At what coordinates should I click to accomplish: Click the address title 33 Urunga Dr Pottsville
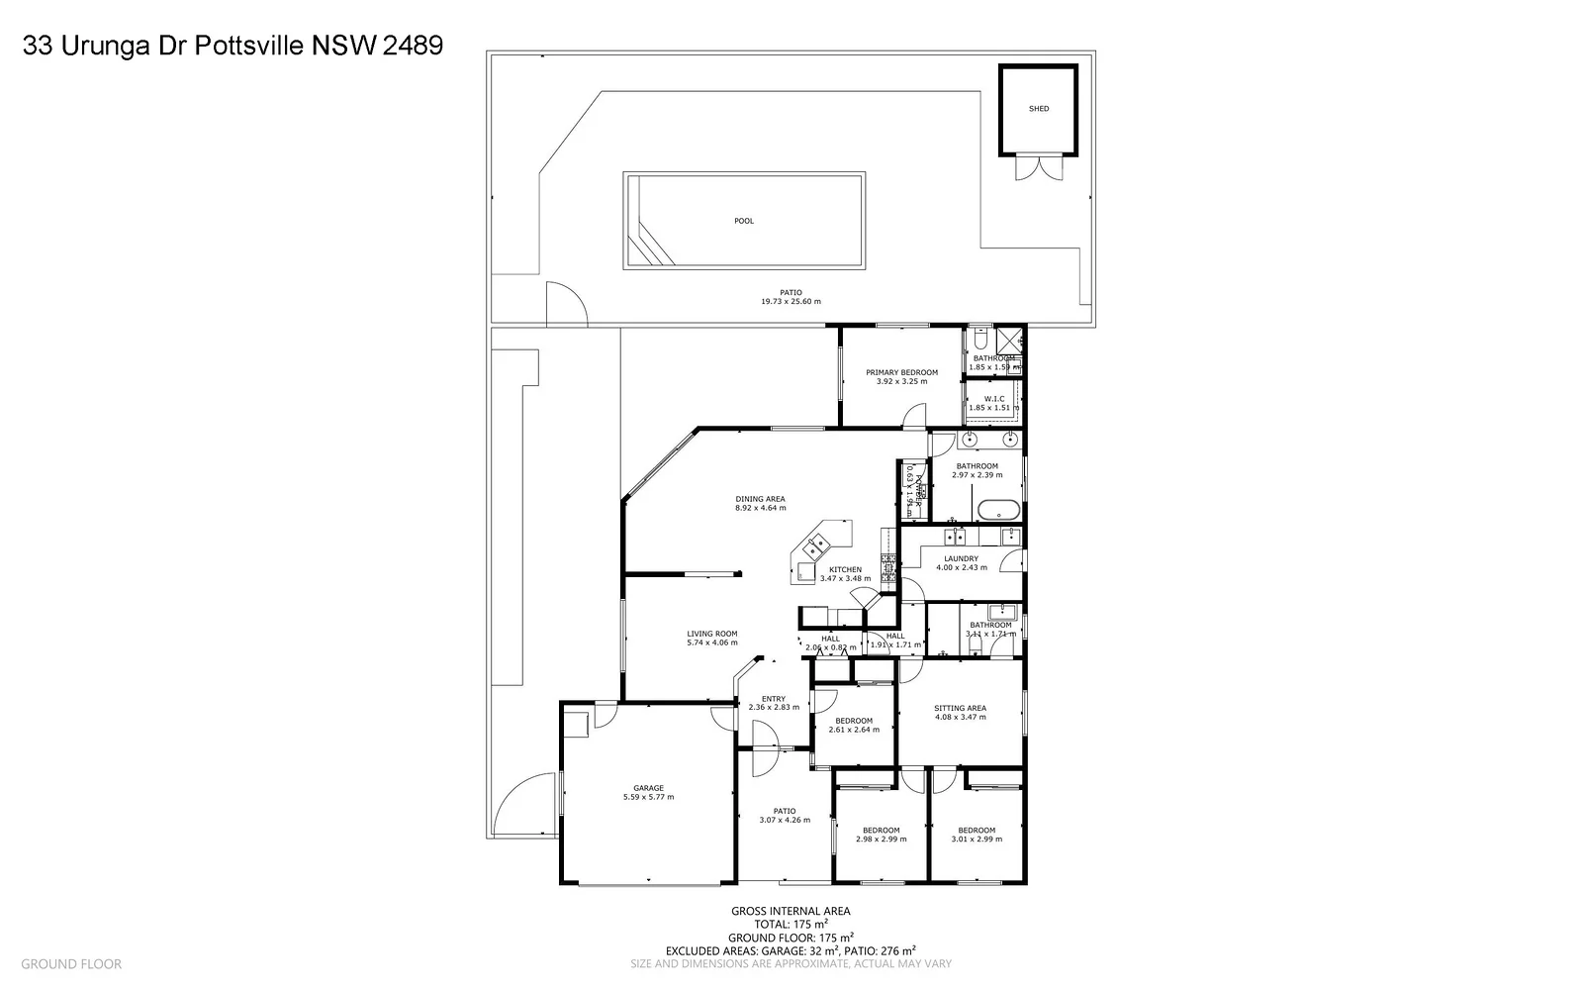(233, 46)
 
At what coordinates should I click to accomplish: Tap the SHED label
(1038, 109)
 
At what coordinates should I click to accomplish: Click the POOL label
(744, 221)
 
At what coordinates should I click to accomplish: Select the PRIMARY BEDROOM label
(901, 373)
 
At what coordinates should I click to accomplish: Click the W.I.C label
(994, 399)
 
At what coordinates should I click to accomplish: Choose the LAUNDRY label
(961, 559)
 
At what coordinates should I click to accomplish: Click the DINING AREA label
(760, 499)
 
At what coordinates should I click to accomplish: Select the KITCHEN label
(845, 570)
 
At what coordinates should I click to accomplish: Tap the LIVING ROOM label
(712, 634)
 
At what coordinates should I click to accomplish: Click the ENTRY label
(773, 699)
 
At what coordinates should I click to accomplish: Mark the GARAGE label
(648, 788)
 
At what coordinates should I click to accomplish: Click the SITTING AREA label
(960, 708)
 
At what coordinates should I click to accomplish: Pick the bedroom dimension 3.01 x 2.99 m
(976, 840)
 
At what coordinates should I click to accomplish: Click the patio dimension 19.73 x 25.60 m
(791, 301)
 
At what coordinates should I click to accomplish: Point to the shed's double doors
(1036, 168)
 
